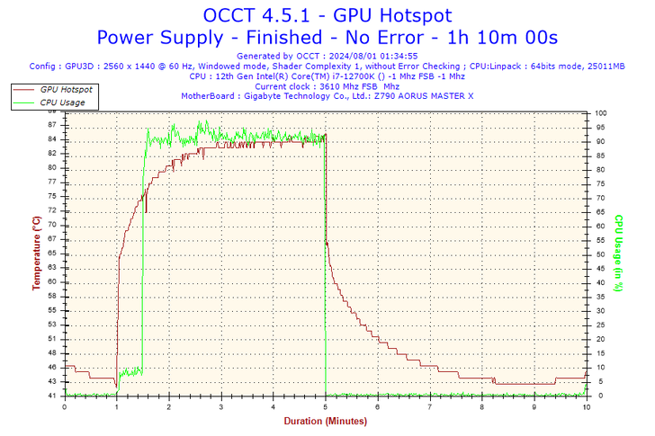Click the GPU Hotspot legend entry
click(x=66, y=90)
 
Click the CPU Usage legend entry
click(x=62, y=102)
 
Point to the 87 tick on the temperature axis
click(x=53, y=125)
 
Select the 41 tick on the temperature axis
click(x=53, y=396)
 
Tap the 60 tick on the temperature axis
click(x=53, y=282)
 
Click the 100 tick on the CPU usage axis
click(x=601, y=113)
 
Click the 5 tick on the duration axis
click(x=326, y=406)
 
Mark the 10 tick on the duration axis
click(x=587, y=406)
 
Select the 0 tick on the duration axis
click(x=64, y=406)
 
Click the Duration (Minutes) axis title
click(x=325, y=421)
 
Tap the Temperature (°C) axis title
click(x=37, y=254)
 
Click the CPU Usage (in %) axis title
click(x=619, y=254)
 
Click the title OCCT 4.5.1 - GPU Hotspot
click(x=327, y=15)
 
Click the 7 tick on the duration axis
click(x=430, y=406)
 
